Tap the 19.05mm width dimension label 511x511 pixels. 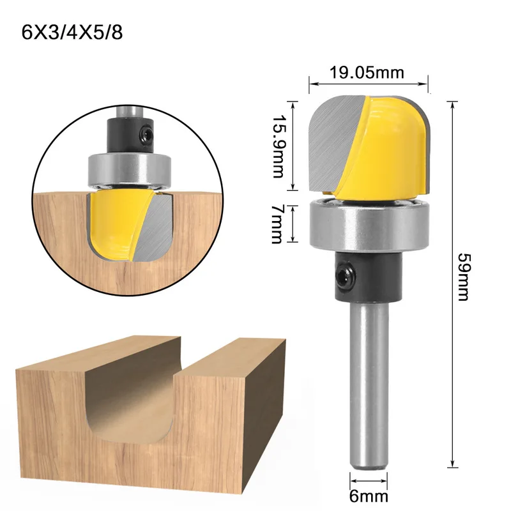(x=367, y=73)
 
